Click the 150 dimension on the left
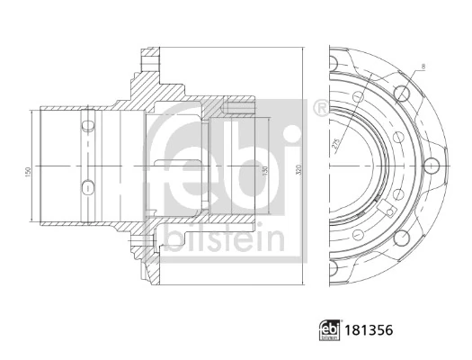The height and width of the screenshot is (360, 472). [x=30, y=170]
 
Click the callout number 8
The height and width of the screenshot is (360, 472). [x=422, y=66]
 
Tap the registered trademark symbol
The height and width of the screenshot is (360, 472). [x=319, y=109]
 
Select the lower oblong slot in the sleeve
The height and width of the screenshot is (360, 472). [x=86, y=186]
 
